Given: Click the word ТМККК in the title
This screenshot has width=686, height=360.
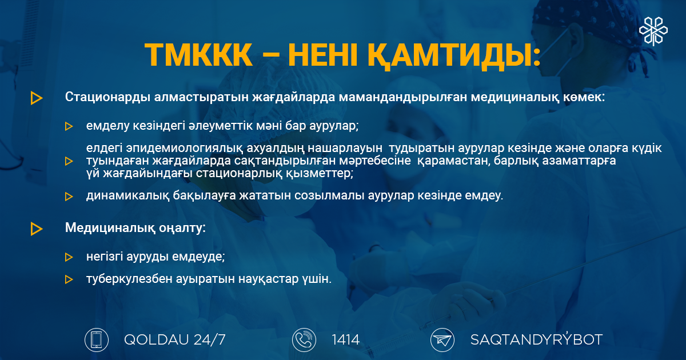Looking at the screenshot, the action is [198, 55].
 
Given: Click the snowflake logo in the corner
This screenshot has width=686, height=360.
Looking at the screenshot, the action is [653, 31].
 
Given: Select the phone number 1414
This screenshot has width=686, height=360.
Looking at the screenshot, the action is [345, 340].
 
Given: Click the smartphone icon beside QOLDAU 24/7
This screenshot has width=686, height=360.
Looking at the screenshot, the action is [97, 340].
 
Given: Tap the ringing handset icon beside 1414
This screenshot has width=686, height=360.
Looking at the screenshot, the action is [304, 340].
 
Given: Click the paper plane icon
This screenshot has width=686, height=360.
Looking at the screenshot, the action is [442, 340].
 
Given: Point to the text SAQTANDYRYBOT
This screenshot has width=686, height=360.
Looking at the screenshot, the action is [536, 339].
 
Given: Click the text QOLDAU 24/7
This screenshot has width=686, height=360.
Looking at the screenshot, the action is [175, 340].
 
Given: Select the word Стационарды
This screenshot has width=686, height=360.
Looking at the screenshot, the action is [107, 97].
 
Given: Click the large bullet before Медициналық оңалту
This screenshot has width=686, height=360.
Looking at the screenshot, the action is [37, 229].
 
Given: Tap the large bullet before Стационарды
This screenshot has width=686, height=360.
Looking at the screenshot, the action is [37, 98].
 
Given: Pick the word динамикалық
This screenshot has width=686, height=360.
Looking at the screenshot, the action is [127, 195].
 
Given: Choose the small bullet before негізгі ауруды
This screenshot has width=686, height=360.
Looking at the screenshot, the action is [69, 257].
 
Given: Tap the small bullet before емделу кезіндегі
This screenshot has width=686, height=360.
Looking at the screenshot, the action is [69, 126].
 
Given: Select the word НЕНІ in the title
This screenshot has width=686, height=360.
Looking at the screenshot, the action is [323, 55].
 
